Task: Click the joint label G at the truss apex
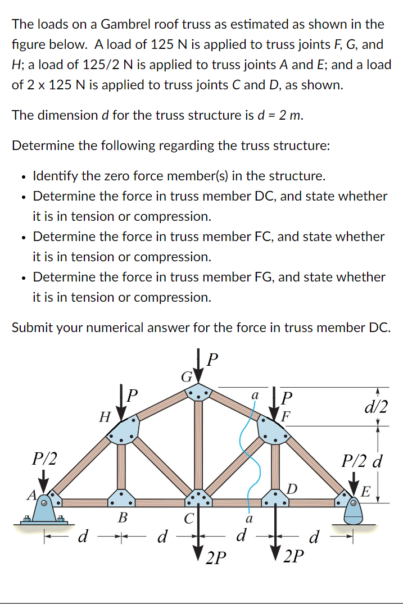point(185,375)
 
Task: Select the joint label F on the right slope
point(287,417)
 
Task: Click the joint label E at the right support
point(365,493)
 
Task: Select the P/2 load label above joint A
point(44,458)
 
